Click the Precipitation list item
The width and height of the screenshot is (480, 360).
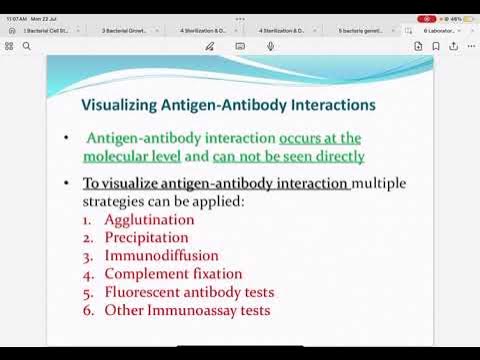[146, 237]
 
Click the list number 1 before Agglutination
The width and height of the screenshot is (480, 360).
[87, 219]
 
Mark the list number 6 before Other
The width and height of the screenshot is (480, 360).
[87, 310]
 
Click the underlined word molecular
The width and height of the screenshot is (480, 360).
[116, 157]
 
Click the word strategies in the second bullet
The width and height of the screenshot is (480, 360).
[114, 201]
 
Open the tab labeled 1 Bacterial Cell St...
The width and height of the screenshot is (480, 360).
[48, 31]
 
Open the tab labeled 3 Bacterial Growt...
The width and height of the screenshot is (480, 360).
[125, 31]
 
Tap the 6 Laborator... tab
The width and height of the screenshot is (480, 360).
[440, 31]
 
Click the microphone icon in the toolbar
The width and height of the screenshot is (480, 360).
[270, 46]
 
